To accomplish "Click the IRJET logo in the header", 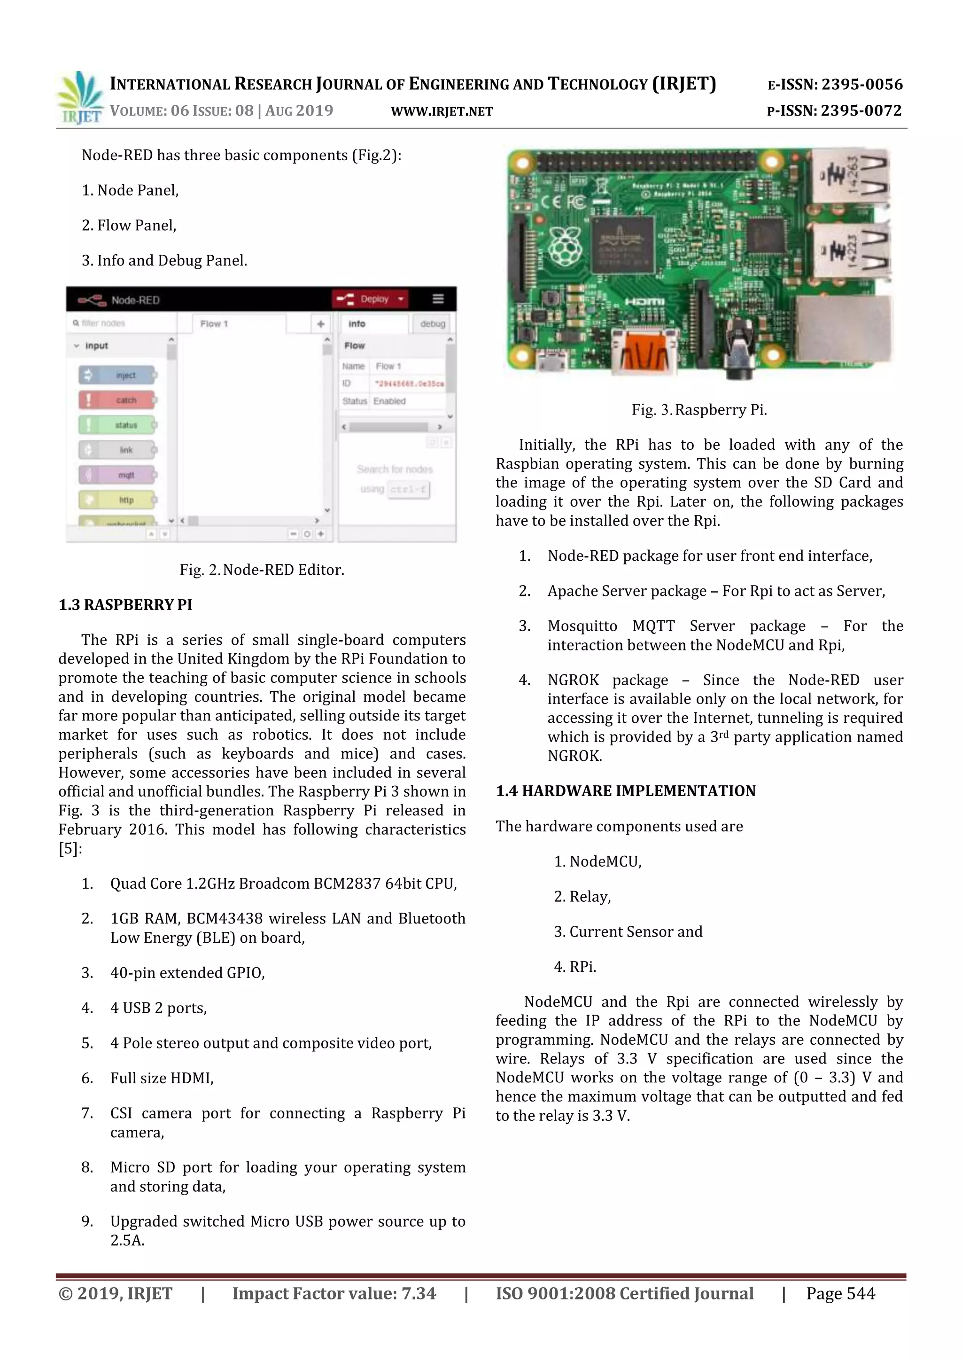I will [79, 98].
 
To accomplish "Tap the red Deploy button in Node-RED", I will [370, 299].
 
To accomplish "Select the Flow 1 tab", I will [214, 324].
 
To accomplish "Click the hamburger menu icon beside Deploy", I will [438, 299].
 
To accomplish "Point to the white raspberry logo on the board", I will [564, 245].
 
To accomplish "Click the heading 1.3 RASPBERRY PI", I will [125, 605].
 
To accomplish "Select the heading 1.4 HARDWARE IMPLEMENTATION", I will [626, 791].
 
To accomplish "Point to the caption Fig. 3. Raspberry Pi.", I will [699, 410].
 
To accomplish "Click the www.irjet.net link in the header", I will [442, 111].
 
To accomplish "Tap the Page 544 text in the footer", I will [840, 1293].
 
